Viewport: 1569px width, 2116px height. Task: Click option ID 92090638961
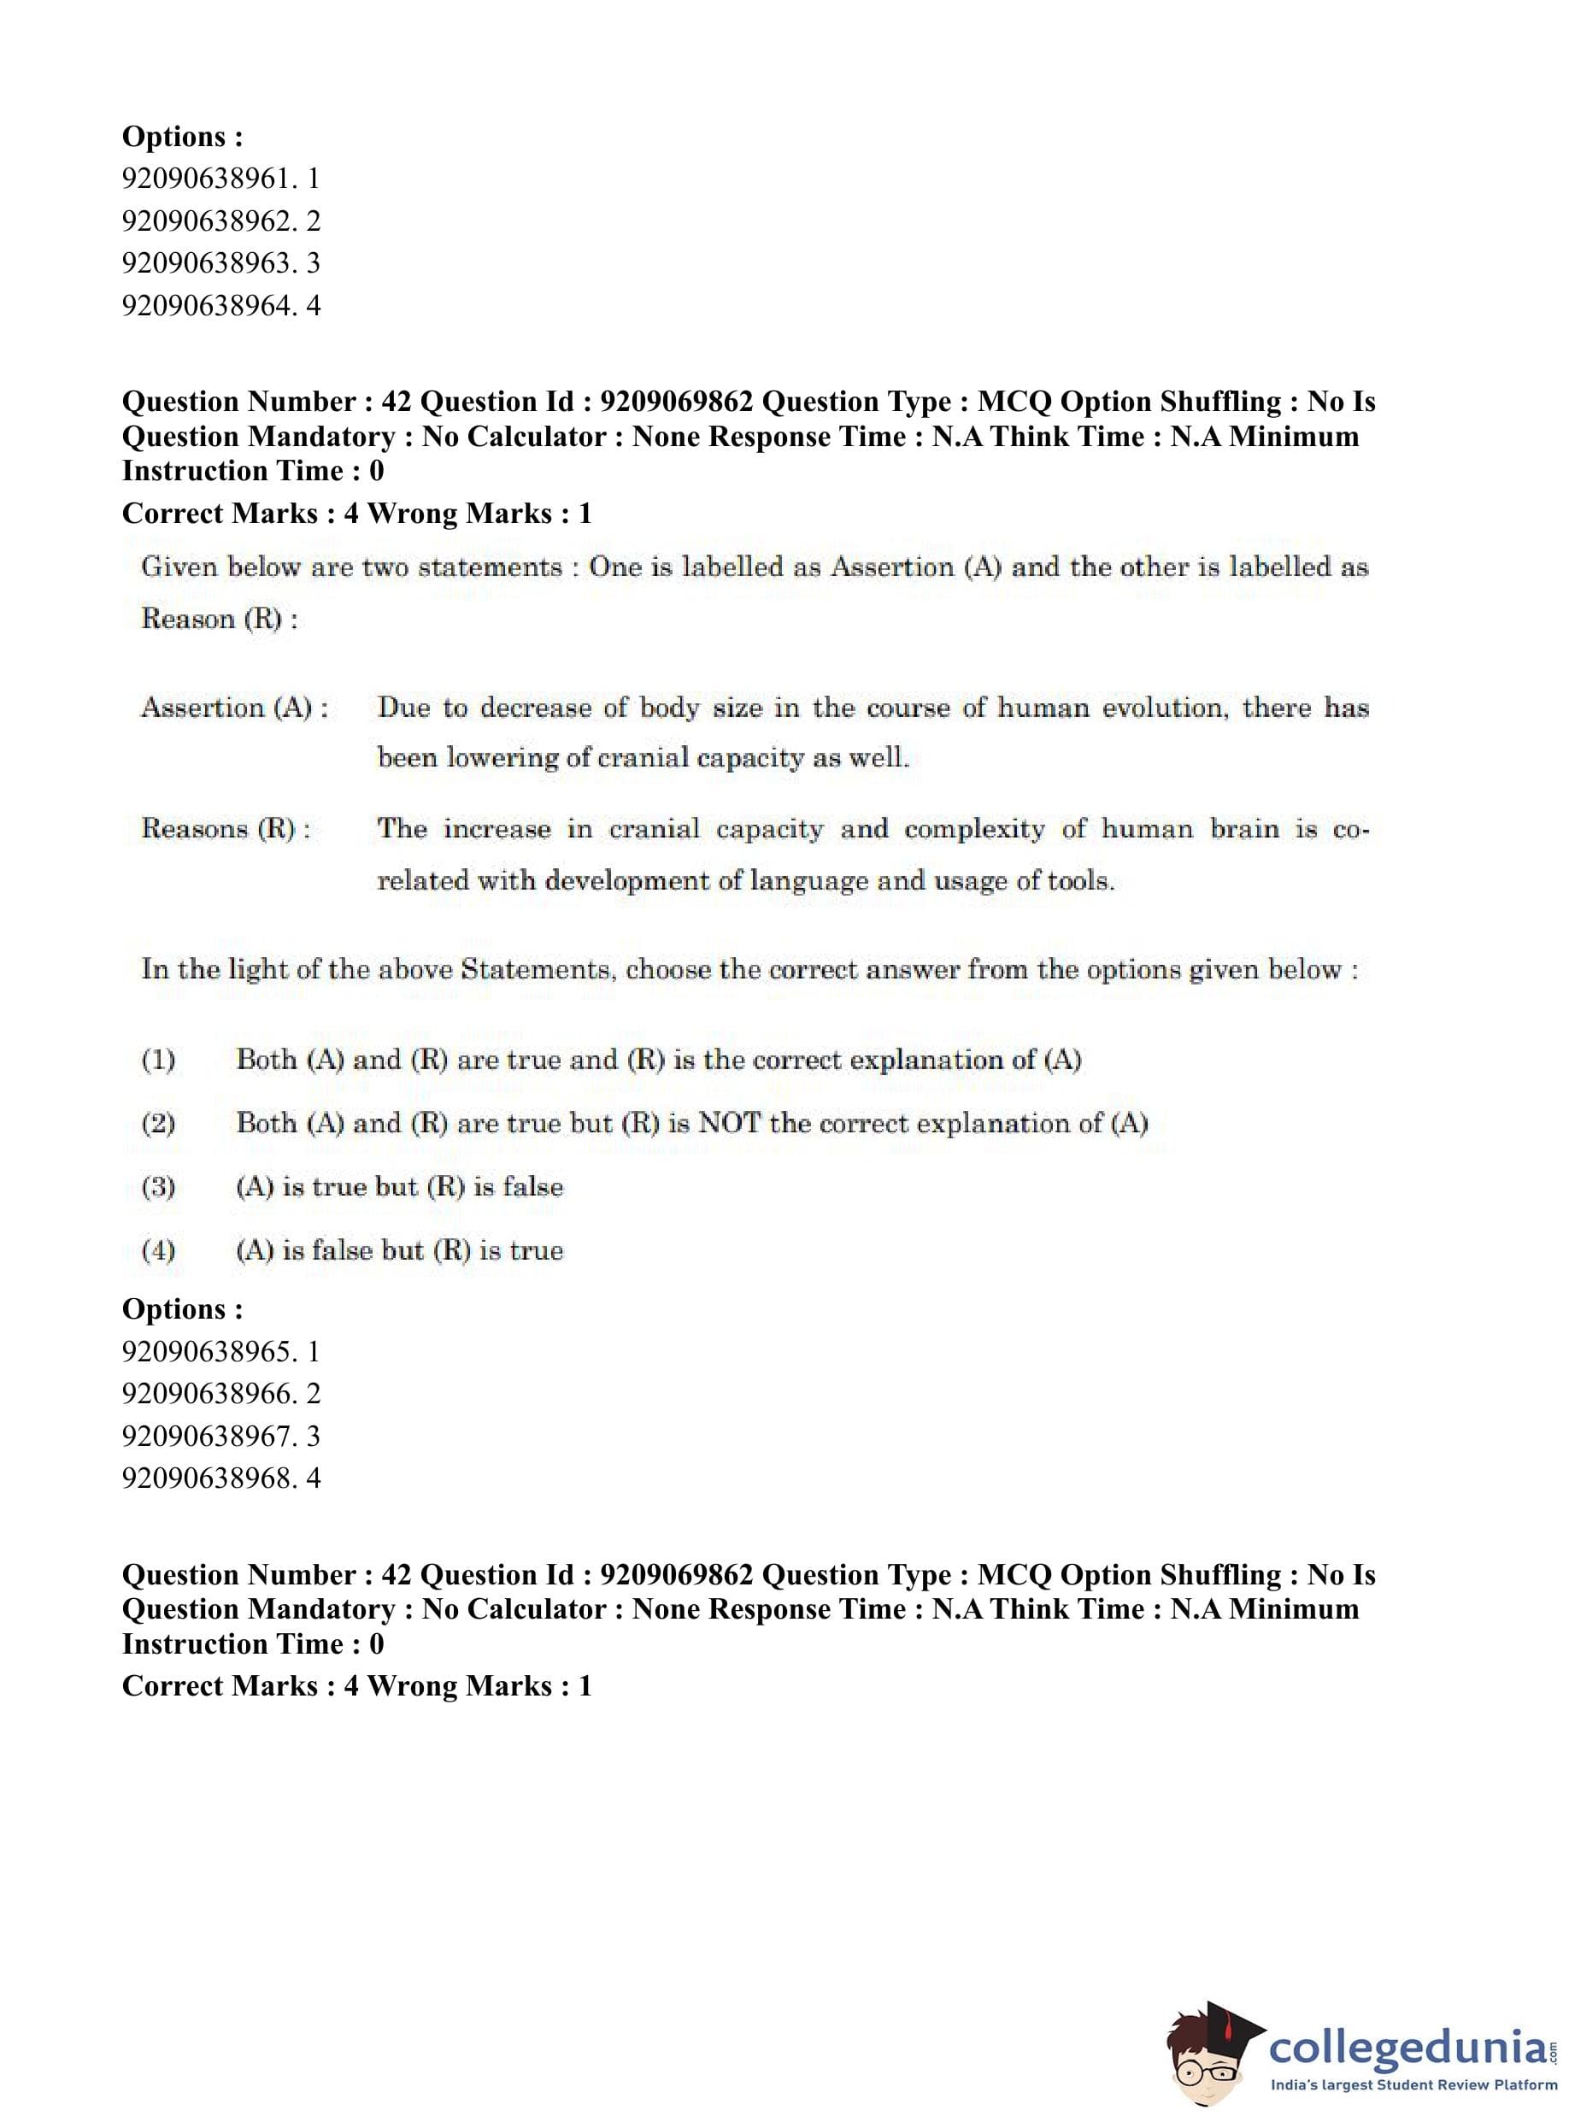[220, 179]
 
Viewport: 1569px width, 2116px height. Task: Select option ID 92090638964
[220, 306]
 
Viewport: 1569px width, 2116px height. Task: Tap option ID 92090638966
[220, 1393]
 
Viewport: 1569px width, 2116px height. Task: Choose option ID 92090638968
[220, 1478]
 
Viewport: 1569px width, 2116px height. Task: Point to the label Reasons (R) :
[226, 829]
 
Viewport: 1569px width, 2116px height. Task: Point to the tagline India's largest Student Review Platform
[1413, 2084]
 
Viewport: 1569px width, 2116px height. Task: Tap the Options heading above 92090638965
[182, 1308]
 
